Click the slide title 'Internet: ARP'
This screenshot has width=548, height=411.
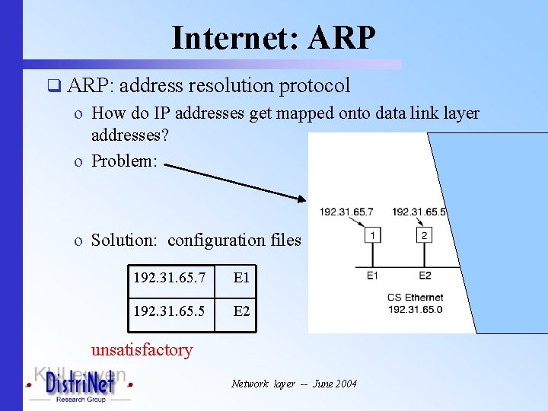pos(273,37)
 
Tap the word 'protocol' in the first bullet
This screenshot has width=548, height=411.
pos(314,86)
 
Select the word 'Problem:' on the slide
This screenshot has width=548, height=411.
pos(124,161)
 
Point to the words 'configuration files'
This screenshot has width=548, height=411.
pos(234,241)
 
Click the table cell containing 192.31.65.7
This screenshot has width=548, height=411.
pos(170,279)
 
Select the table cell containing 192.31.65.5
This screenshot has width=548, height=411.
pos(170,311)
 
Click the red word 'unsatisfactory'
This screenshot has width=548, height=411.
pos(142,350)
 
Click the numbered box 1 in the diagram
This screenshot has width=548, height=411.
pos(372,236)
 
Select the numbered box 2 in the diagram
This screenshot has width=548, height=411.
pos(424,236)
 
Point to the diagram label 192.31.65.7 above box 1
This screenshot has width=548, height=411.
pos(346,212)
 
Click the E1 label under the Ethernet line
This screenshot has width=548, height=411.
pos(372,276)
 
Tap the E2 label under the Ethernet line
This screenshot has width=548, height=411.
pos(425,276)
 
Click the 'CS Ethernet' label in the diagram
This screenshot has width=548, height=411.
pos(415,298)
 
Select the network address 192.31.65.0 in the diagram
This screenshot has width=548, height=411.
pos(415,309)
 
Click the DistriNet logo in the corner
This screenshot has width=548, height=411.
pos(80,386)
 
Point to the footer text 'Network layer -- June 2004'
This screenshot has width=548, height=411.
pos(294,384)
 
